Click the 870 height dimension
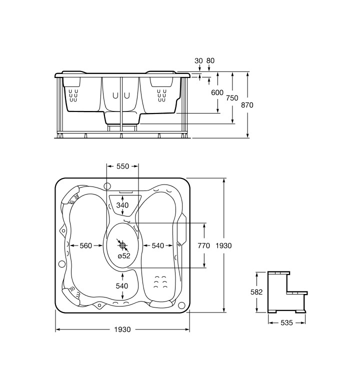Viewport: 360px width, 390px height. click(247, 105)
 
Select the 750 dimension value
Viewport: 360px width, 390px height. click(232, 98)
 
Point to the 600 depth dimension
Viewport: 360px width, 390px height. click(217, 92)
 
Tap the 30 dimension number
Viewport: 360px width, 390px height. click(198, 60)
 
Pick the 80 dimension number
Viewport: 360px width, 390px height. click(210, 60)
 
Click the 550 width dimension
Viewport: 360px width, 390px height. click(122, 166)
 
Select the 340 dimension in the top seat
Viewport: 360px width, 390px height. click(122, 205)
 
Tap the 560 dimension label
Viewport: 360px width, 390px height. click(86, 245)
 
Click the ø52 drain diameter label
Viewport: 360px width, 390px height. click(124, 255)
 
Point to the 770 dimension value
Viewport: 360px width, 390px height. click(204, 245)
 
